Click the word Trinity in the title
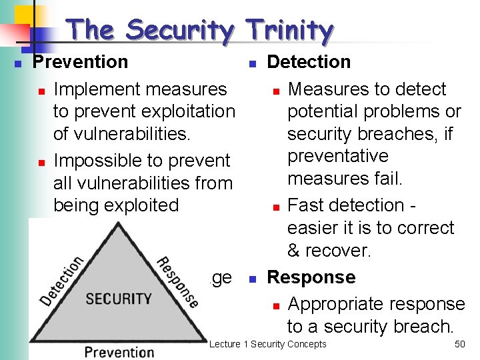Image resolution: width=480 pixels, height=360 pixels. [289, 30]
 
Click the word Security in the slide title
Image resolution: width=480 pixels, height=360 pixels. [180, 30]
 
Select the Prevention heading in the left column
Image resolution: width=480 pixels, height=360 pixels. [81, 62]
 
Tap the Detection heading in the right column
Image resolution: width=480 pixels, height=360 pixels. [309, 62]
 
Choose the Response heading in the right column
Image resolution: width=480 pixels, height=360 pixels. [311, 277]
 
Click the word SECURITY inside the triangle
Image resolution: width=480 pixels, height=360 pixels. [119, 298]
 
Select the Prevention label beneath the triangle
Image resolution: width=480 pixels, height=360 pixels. [119, 351]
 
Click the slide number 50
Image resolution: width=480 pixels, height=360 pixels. [459, 344]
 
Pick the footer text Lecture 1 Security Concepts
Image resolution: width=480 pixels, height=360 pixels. [268, 344]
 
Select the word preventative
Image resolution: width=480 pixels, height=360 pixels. [337, 156]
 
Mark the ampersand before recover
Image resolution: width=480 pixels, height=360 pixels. [294, 251]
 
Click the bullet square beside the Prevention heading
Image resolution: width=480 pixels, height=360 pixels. [19, 63]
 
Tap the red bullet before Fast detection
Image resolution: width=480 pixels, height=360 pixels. [275, 207]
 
